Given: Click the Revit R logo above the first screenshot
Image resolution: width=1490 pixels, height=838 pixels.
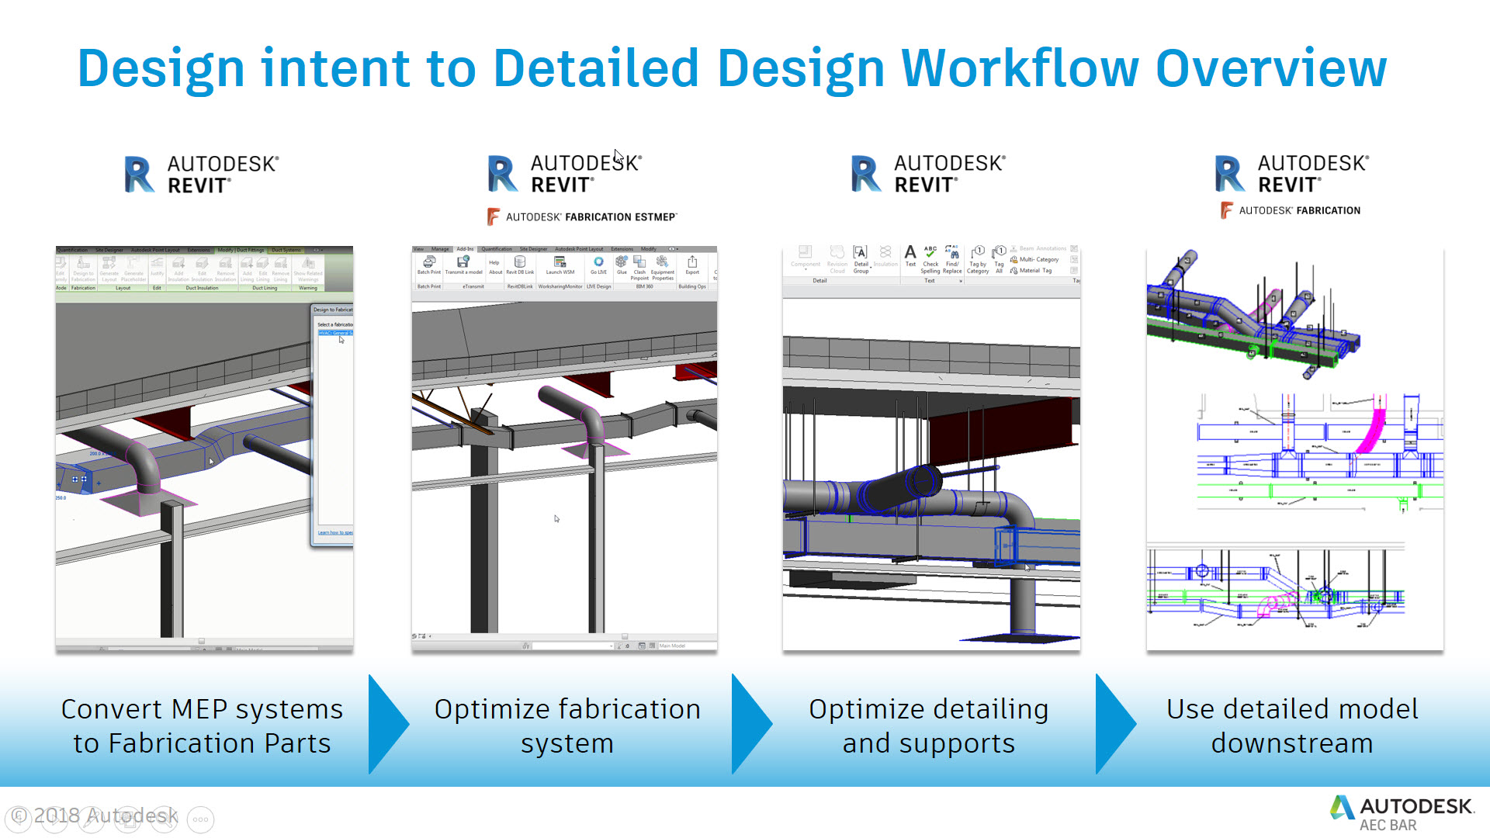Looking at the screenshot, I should pyautogui.click(x=139, y=175).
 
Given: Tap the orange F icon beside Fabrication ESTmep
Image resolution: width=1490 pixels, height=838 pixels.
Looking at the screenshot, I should pyautogui.click(x=493, y=217).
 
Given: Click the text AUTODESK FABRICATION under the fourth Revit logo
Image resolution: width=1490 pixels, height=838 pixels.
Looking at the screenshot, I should pyautogui.click(x=1299, y=210).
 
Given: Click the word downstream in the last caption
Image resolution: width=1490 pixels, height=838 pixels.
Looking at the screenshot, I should pyautogui.click(x=1291, y=743).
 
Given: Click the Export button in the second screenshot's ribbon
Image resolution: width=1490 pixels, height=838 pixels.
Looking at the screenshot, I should pyautogui.click(x=692, y=265).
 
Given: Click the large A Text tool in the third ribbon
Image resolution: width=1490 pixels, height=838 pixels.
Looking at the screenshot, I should pyautogui.click(x=910, y=254).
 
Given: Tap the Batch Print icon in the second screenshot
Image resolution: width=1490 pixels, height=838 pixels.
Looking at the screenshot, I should pyautogui.click(x=428, y=265).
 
